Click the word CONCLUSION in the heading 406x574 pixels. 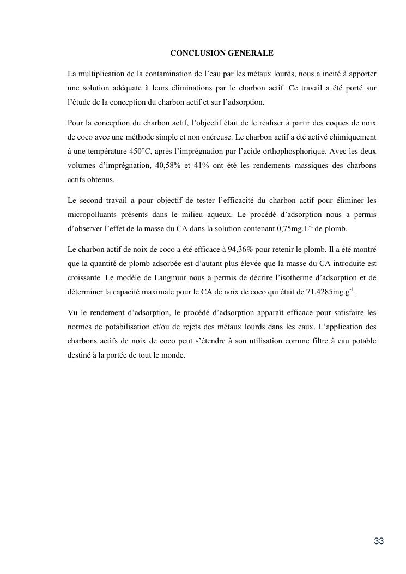pos(192,53)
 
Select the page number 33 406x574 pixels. pos(379,541)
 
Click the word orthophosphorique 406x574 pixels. pos(299,150)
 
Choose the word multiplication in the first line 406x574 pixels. pos(102,73)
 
